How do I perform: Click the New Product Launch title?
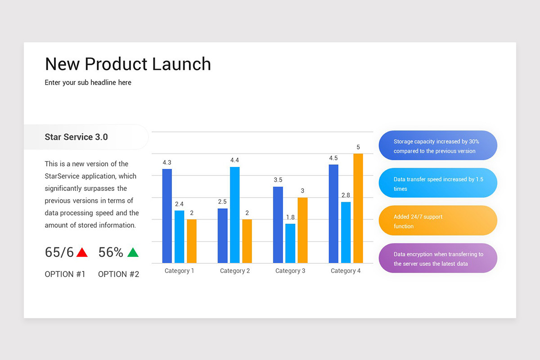128,64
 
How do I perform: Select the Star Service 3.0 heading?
76,137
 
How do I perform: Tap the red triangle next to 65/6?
82,252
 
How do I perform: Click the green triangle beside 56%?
133,252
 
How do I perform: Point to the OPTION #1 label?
65,274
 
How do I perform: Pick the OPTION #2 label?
119,274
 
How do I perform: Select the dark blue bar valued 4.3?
167,216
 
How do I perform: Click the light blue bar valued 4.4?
234,215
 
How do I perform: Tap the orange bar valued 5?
358,208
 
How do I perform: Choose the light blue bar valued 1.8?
290,243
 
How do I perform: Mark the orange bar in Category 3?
302,230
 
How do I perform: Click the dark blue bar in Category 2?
222,236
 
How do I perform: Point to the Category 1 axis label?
179,271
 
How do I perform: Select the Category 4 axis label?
346,271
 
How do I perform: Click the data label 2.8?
346,195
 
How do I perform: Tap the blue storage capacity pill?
438,146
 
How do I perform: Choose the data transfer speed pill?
438,184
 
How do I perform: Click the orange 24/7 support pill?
438,221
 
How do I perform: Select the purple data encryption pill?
438,258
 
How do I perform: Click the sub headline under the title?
88,82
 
